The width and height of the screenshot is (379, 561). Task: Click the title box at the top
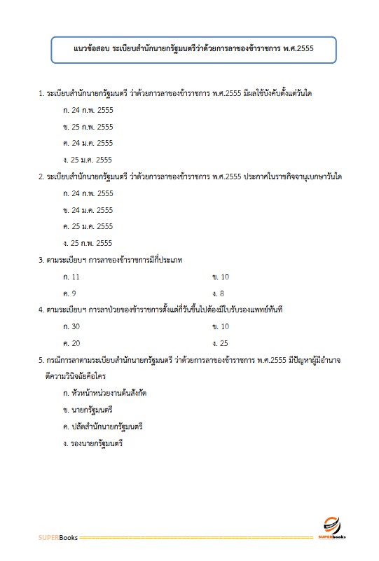coord(194,49)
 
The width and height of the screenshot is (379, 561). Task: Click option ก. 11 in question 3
coord(71,277)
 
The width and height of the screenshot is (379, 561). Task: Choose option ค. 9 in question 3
coord(69,293)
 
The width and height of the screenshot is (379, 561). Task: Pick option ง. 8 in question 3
coord(217,293)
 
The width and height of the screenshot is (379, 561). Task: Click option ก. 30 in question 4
coord(71,326)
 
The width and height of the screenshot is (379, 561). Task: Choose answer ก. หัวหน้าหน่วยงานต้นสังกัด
coord(104,393)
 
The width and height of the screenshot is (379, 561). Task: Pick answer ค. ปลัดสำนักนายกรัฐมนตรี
coord(102,426)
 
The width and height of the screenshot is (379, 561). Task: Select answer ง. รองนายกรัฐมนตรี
coord(92,443)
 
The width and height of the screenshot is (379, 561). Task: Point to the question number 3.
coord(41,260)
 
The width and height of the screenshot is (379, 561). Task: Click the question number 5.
coord(41,360)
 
